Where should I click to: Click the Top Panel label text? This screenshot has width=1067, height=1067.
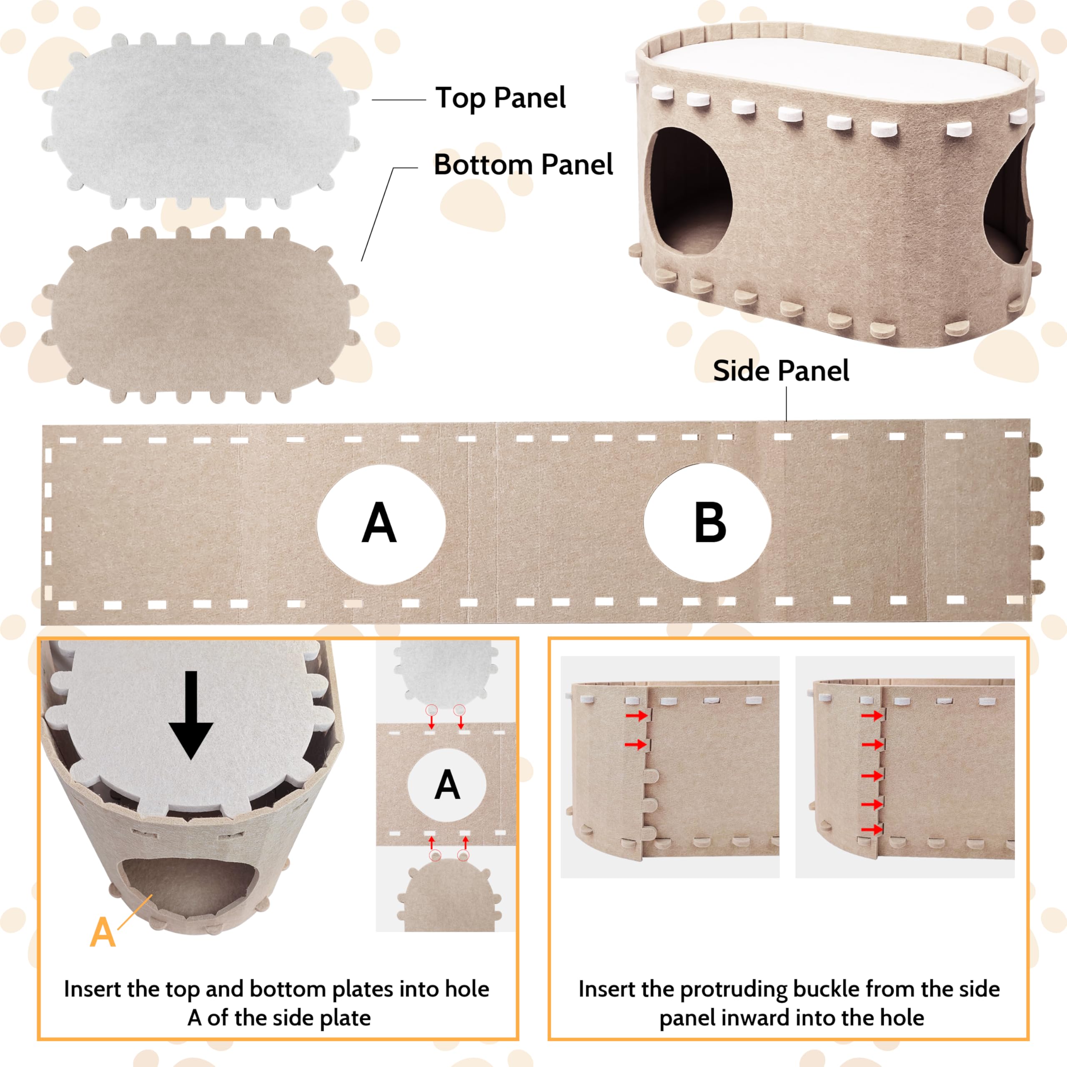click(x=500, y=98)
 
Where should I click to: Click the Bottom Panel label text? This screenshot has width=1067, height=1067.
click(x=523, y=165)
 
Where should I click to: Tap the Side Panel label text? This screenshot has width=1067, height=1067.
click(x=780, y=371)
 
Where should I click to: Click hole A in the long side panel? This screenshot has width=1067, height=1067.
click(x=381, y=523)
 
